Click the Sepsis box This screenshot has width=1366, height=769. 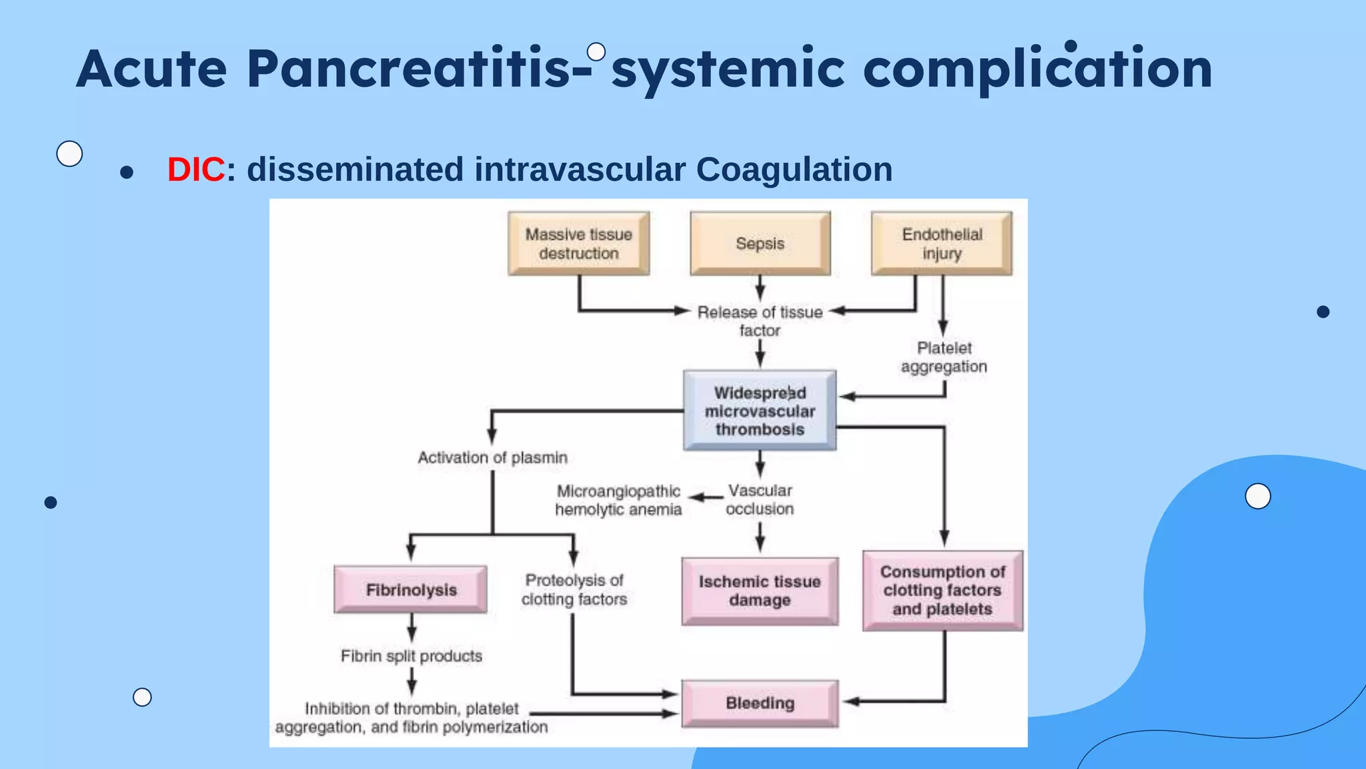click(760, 244)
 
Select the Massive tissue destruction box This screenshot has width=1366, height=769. click(578, 244)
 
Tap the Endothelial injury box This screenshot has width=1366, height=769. click(941, 244)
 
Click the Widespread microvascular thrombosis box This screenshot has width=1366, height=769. click(760, 411)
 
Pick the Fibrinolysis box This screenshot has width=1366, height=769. click(411, 589)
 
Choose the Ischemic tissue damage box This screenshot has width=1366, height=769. click(760, 591)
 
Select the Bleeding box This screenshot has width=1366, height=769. click(760, 703)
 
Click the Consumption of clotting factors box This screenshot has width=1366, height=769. click(942, 590)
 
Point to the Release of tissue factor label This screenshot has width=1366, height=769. click(760, 321)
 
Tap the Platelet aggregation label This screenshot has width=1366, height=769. click(944, 357)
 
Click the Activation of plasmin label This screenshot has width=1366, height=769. click(492, 458)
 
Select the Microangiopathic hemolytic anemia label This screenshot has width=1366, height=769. click(618, 501)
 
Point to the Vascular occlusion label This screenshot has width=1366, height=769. click(760, 500)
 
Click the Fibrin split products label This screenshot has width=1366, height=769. click(411, 656)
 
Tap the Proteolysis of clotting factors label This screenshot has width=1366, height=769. click(574, 589)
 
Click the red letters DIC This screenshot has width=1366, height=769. click(195, 170)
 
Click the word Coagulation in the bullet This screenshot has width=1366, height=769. click(794, 170)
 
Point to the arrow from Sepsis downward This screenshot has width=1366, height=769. click(760, 288)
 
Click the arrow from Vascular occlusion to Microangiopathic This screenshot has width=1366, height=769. click(706, 498)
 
